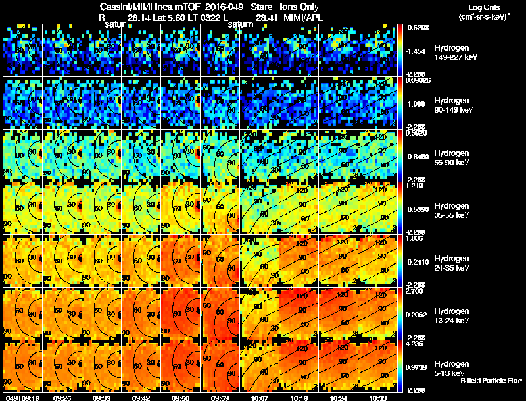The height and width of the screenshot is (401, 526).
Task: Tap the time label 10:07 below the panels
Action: (x=258, y=398)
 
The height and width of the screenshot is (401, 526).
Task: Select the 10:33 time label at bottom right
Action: (x=377, y=398)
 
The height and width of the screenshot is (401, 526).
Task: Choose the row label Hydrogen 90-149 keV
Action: (x=451, y=105)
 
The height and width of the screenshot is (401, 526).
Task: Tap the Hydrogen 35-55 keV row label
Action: (x=451, y=211)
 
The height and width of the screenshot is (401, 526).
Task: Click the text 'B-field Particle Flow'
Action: (x=491, y=381)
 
